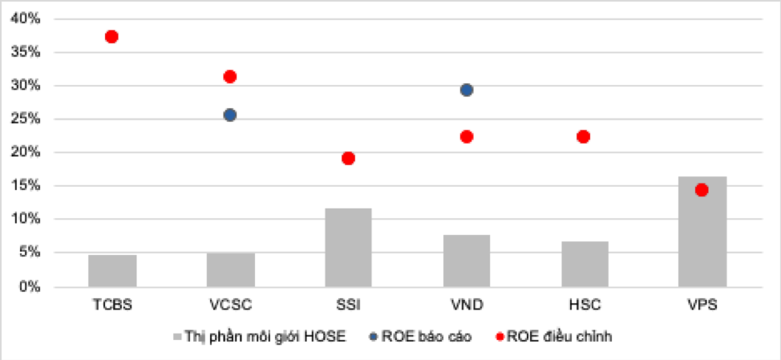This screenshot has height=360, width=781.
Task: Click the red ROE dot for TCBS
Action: coord(111,37)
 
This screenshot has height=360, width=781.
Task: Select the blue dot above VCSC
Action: coord(229,115)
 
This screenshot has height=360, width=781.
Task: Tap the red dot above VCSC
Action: coord(229,77)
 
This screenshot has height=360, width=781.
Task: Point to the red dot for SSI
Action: coord(348,158)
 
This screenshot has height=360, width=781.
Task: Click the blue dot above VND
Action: coord(466,90)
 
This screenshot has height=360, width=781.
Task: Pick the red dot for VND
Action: coord(466,137)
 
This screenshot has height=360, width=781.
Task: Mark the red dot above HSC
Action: coord(584,137)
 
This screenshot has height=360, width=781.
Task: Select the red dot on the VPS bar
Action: coord(702,190)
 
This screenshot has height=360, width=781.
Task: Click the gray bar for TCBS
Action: coord(112,270)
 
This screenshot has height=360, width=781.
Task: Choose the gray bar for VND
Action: coord(466,261)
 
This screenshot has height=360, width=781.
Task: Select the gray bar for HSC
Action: coord(584,264)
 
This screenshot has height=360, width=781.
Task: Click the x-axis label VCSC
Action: coord(230,305)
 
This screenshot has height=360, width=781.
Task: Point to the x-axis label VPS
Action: coord(702,305)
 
